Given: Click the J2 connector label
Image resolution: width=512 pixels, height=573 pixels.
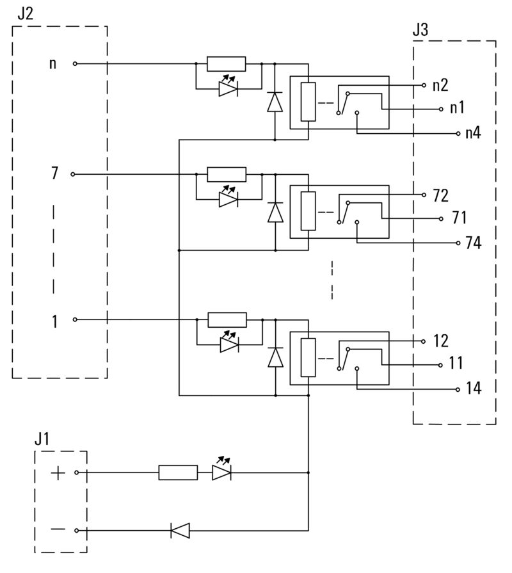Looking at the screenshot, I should pos(25,13).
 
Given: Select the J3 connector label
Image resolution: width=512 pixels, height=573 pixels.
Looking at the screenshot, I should pos(421,29).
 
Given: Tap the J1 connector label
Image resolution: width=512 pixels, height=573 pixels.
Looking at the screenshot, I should pos(42,440).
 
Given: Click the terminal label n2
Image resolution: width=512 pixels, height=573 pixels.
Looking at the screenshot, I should pos(440,85).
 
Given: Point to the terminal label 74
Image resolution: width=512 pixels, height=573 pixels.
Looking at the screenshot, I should pos(474,244).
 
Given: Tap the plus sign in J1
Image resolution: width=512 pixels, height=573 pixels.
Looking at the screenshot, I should pos(58,473).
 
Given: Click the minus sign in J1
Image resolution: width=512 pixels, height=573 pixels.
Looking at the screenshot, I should pos(58,530).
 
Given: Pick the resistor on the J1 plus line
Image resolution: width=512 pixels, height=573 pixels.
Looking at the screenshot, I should pos(178,473).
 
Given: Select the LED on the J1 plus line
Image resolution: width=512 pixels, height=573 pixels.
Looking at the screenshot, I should pos(221,473).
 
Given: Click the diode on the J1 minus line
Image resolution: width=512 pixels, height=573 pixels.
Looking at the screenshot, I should pos(180,530).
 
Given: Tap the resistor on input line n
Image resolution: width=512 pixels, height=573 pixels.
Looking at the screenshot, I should pos(227,64).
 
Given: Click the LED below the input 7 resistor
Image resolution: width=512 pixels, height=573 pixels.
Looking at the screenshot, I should pos(228,199).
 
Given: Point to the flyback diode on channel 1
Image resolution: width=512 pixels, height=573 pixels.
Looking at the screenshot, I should pos(275,357).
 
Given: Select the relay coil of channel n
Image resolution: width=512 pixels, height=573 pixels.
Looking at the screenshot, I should pos(308,102).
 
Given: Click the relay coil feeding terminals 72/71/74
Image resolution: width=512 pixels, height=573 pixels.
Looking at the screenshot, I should pos(308,211).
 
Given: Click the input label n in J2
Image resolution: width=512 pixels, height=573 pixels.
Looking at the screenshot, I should pos(52,64).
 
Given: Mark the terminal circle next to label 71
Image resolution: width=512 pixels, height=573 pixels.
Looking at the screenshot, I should pos(441,219).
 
